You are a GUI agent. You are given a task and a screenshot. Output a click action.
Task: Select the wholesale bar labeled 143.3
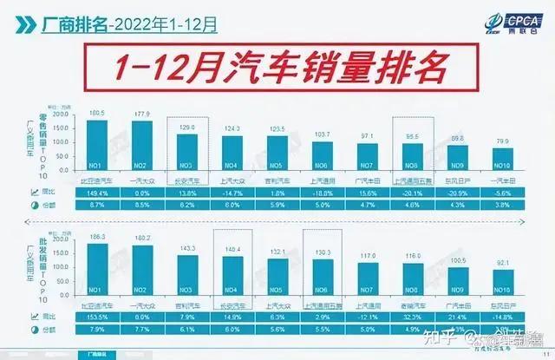[x=188, y=273]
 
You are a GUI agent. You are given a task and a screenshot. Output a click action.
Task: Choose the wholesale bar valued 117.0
[x=369, y=277]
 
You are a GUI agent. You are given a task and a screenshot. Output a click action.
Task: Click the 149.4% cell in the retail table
[x=97, y=193]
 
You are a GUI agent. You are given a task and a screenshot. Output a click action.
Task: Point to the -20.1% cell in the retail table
[x=414, y=193]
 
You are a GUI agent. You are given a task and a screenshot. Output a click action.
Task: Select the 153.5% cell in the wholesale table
[x=97, y=318]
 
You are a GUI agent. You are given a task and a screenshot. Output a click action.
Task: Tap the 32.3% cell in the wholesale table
[x=414, y=318]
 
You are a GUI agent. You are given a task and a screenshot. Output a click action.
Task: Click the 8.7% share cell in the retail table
[x=97, y=205]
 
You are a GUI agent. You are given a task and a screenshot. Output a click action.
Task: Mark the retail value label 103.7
[x=323, y=134]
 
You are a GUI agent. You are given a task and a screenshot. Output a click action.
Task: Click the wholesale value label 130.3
[x=323, y=253]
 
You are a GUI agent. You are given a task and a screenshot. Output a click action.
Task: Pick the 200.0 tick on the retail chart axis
[x=60, y=115]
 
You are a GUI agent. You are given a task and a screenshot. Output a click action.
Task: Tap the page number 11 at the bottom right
[x=542, y=352]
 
